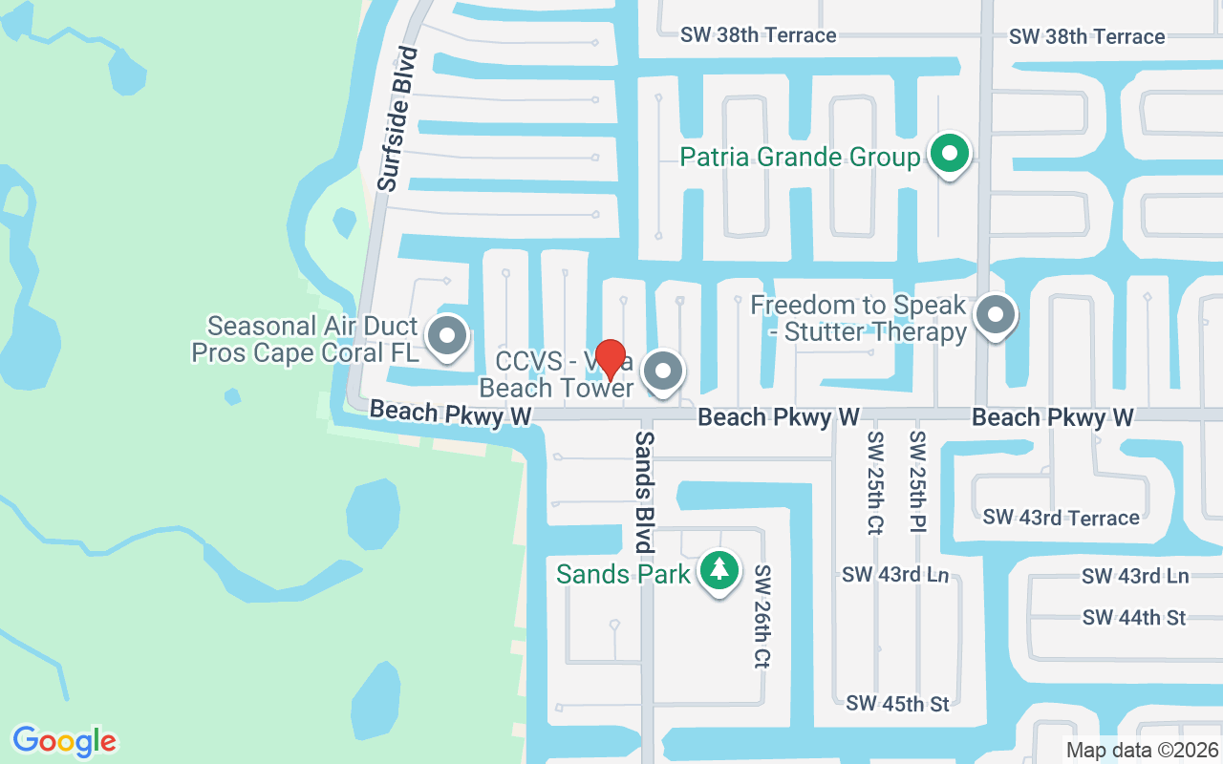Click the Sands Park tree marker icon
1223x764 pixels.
tap(719, 570)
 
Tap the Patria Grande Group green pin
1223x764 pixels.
tap(949, 153)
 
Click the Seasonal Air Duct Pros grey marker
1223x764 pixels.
tap(446, 336)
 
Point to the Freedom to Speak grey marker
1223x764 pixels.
tap(995, 313)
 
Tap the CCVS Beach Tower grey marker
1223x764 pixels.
tap(663, 370)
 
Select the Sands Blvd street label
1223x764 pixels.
tap(645, 493)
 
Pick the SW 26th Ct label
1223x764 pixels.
tap(762, 615)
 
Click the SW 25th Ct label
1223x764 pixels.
tap(875, 482)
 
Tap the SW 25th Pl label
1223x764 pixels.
tap(917, 482)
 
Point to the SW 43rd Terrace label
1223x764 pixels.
tap(1061, 518)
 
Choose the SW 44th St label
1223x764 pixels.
tap(1134, 618)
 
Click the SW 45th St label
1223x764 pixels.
tap(897, 704)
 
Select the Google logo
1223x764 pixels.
tap(65, 740)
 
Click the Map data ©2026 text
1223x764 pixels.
tap(1142, 750)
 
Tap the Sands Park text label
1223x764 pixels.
tap(623, 574)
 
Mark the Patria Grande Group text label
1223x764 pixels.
tap(800, 157)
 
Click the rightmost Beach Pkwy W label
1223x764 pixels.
tap(1053, 417)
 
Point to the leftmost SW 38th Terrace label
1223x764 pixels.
tap(758, 35)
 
